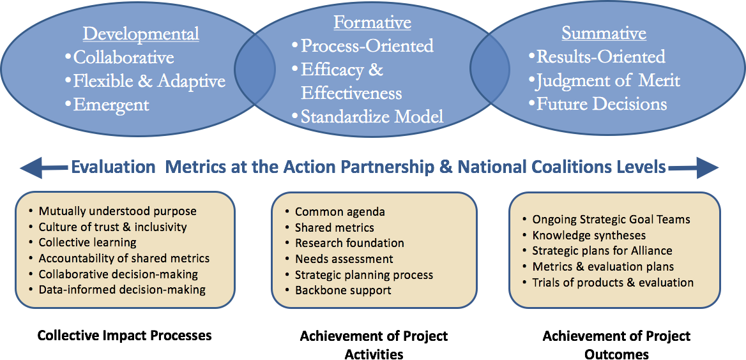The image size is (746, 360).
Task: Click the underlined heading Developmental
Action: [x=141, y=34]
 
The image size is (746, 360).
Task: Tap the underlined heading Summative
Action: [x=604, y=34]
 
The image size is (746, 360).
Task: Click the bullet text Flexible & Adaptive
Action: [x=149, y=81]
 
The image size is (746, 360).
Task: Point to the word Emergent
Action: [x=111, y=104]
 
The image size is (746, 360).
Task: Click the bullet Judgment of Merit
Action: [x=608, y=81]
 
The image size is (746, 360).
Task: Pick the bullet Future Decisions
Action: [x=602, y=104]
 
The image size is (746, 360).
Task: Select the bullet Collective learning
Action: [x=88, y=242]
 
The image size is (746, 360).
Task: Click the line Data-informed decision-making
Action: [x=122, y=289]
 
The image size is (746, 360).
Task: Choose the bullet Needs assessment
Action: [x=344, y=259]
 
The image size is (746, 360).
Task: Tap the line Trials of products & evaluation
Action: [x=613, y=283]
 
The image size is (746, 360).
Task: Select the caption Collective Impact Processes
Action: [x=124, y=336]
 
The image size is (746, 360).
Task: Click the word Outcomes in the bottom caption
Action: [x=616, y=354]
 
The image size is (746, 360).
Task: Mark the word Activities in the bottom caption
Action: [x=374, y=354]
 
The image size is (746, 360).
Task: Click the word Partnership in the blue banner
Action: [x=406, y=167]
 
